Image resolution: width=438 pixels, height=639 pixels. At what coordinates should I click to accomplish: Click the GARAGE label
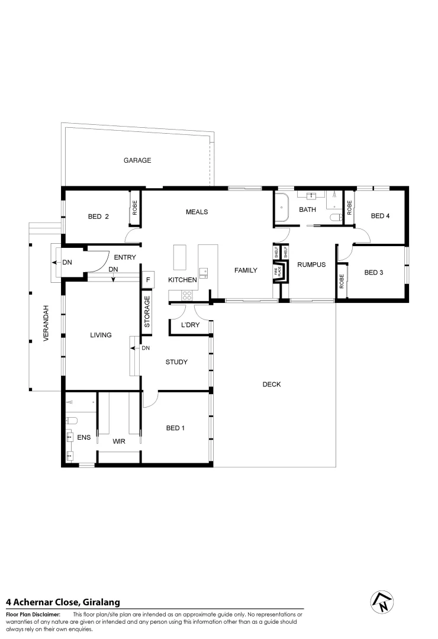[x=137, y=160]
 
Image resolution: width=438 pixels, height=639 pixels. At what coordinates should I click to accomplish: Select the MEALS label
[x=197, y=212]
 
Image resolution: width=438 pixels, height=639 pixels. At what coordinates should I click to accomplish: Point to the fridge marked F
[x=148, y=280]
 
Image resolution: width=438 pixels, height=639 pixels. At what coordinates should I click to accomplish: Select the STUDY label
[x=176, y=362]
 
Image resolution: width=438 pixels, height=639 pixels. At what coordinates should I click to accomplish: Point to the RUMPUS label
[x=311, y=264]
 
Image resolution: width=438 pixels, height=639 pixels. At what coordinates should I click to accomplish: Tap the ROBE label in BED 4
[x=349, y=208]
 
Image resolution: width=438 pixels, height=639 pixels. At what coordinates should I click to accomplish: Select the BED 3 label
[x=373, y=272]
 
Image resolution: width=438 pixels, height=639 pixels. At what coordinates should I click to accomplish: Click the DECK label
[x=272, y=385]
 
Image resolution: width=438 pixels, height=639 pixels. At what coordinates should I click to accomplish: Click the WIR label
[x=120, y=441]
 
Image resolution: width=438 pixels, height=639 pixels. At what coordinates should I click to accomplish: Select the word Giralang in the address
[x=101, y=602]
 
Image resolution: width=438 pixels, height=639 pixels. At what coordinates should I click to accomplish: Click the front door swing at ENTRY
[x=98, y=260]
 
